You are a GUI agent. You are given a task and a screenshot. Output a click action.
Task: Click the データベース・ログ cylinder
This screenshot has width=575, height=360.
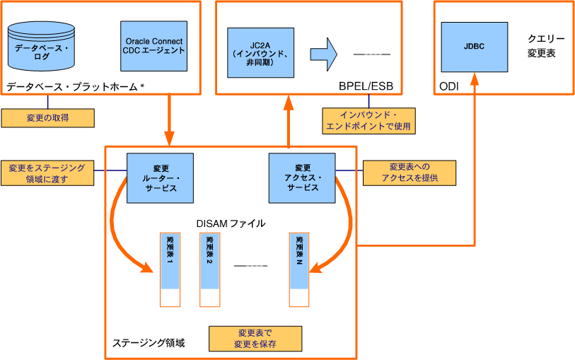tap(42, 51)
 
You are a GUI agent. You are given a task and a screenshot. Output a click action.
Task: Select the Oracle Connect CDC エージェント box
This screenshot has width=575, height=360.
tap(154, 46)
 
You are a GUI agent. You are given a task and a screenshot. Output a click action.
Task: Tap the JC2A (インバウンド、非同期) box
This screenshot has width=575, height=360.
tap(261, 53)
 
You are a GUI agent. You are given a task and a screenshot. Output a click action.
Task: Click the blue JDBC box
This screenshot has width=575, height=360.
tap(474, 47)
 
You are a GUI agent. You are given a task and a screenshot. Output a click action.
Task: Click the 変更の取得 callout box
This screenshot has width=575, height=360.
tap(47, 117)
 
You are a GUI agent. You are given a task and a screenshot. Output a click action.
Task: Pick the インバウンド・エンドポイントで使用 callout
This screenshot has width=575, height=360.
tap(368, 121)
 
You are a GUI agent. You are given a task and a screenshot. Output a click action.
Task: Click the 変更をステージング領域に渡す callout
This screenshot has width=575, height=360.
tap(47, 173)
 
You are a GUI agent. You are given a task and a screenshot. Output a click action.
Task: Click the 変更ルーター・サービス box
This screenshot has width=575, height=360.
tap(160, 178)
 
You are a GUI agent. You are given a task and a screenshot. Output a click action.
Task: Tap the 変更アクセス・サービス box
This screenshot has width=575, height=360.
tap(302, 178)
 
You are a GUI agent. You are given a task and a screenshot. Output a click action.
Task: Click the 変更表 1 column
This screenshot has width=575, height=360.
tap(170, 269)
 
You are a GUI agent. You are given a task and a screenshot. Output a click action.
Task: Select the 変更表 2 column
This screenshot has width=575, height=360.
tap(210, 269)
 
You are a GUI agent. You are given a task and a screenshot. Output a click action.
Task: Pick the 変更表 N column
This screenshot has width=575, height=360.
tap(300, 269)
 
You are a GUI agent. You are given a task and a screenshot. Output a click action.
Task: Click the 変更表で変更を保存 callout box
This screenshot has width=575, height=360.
tap(255, 338)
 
